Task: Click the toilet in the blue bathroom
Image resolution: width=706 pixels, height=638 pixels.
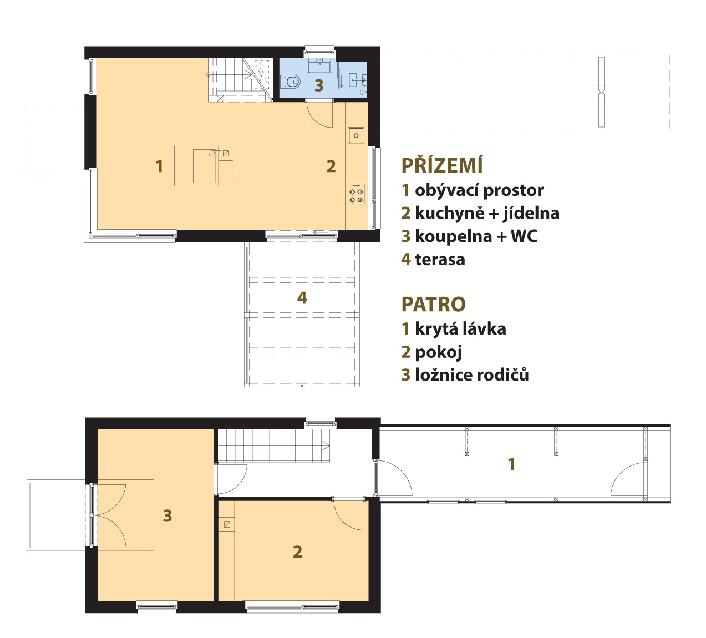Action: (291, 82)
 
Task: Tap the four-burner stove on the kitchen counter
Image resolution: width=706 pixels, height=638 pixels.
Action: (356, 194)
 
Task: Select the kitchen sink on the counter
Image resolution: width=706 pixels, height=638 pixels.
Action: (356, 135)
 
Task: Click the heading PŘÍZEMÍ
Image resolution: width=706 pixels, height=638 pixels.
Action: (442, 165)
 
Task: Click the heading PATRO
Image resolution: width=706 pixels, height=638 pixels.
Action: (434, 304)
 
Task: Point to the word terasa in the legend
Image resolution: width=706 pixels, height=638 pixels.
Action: (440, 260)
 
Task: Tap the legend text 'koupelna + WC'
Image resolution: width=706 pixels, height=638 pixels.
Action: (476, 236)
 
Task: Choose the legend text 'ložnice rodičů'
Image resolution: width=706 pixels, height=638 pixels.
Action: (472, 374)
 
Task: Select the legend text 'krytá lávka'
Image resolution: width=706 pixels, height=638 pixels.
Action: (460, 329)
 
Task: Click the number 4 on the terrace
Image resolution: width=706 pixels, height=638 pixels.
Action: (302, 298)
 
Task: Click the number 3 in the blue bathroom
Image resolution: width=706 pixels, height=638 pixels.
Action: (319, 85)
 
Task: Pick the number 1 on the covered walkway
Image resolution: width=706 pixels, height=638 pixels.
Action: (511, 464)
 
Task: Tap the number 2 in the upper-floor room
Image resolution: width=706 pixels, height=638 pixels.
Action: (297, 552)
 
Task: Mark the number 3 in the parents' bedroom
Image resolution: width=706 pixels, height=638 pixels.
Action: (167, 516)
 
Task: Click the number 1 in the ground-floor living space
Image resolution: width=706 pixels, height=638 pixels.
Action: (159, 166)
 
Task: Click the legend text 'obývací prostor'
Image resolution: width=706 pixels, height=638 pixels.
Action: (479, 190)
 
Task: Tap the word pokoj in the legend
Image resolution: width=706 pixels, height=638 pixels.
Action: (439, 352)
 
